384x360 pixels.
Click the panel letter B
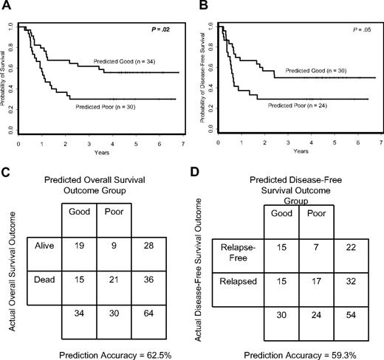201,6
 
